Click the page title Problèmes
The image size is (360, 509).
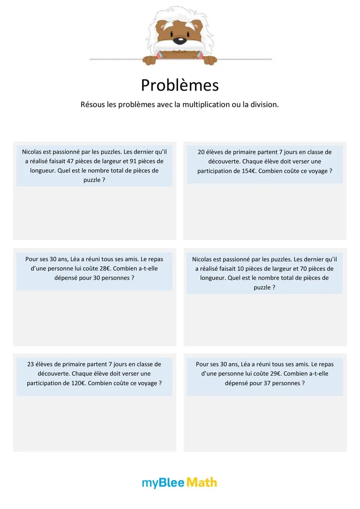click(179, 85)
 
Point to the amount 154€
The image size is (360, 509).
click(245, 171)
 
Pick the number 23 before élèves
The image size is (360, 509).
click(31, 364)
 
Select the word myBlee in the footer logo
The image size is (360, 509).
click(163, 482)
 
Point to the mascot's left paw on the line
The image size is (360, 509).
click(150, 60)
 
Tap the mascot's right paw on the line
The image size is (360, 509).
click(209, 60)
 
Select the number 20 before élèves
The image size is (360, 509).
click(201, 152)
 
